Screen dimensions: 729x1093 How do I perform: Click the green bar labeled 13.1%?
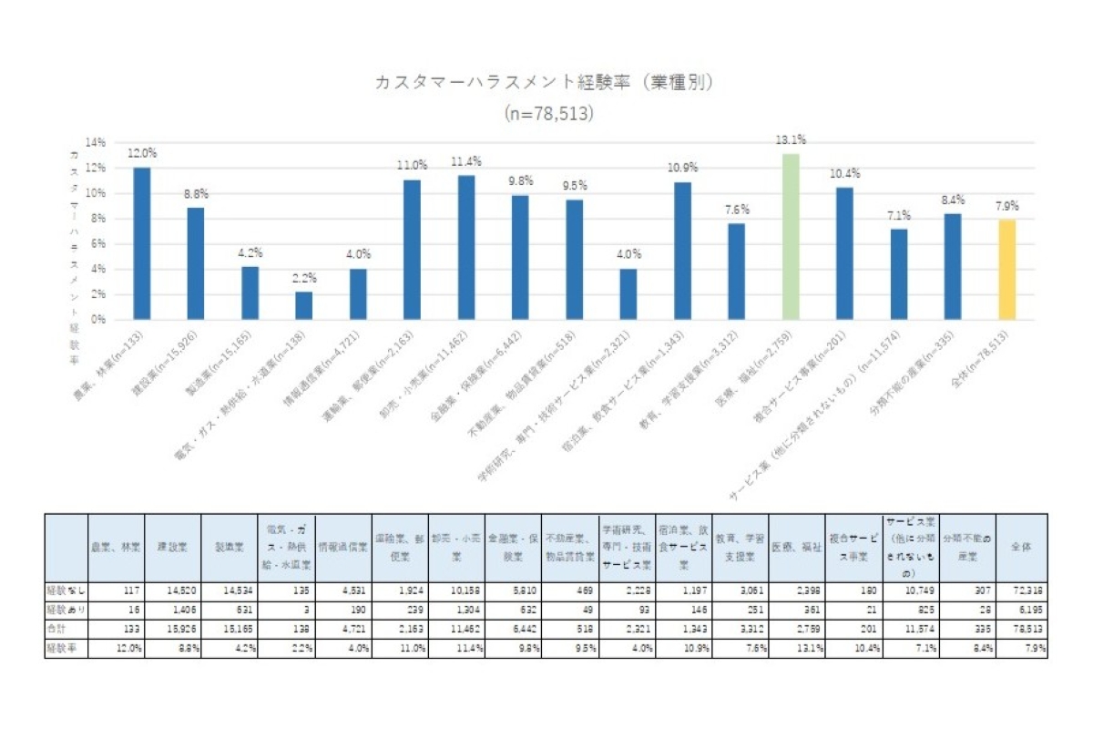tap(791, 237)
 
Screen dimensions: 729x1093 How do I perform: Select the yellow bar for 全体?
tap(1006, 270)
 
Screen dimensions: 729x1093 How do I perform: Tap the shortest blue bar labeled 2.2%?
tap(304, 305)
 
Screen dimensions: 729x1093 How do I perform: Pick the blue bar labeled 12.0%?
tap(142, 243)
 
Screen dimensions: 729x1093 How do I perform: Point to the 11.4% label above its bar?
tap(466, 161)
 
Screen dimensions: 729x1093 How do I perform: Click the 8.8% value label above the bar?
tap(196, 193)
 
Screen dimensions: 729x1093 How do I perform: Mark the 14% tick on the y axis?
tap(96, 142)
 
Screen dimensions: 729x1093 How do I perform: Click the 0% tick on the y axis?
tap(97, 320)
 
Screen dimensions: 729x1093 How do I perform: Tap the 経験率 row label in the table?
tap(61, 649)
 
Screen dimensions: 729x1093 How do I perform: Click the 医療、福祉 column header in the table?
tap(796, 548)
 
